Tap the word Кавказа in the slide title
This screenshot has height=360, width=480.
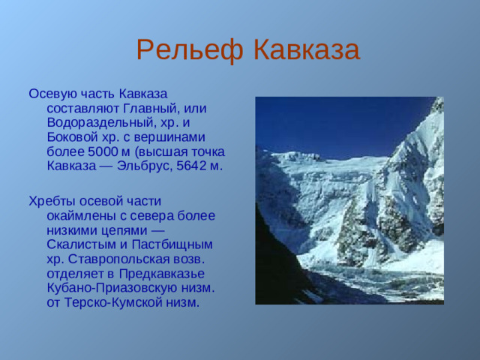[304, 50]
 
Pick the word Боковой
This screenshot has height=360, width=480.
[71, 136]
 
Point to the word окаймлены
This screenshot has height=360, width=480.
[79, 215]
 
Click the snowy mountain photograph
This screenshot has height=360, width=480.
[349, 200]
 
